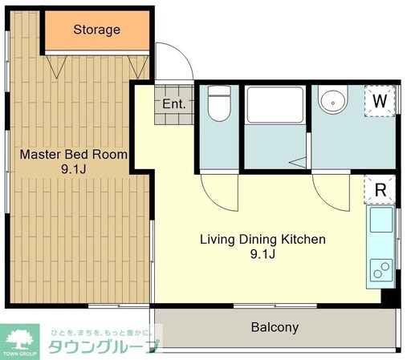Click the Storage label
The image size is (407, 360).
(96, 30)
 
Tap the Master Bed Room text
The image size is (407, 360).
(73, 154)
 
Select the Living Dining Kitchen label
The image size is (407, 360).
(262, 239)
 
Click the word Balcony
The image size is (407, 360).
(275, 327)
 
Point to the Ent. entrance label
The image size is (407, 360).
(173, 104)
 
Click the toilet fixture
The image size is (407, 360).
(218, 106)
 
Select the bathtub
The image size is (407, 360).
(275, 106)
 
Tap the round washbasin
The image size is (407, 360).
(332, 101)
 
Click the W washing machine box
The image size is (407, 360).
(380, 102)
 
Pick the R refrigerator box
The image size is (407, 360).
(381, 190)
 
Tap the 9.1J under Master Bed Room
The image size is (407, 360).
(73, 170)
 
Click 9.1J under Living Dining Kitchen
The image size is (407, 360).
(262, 255)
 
